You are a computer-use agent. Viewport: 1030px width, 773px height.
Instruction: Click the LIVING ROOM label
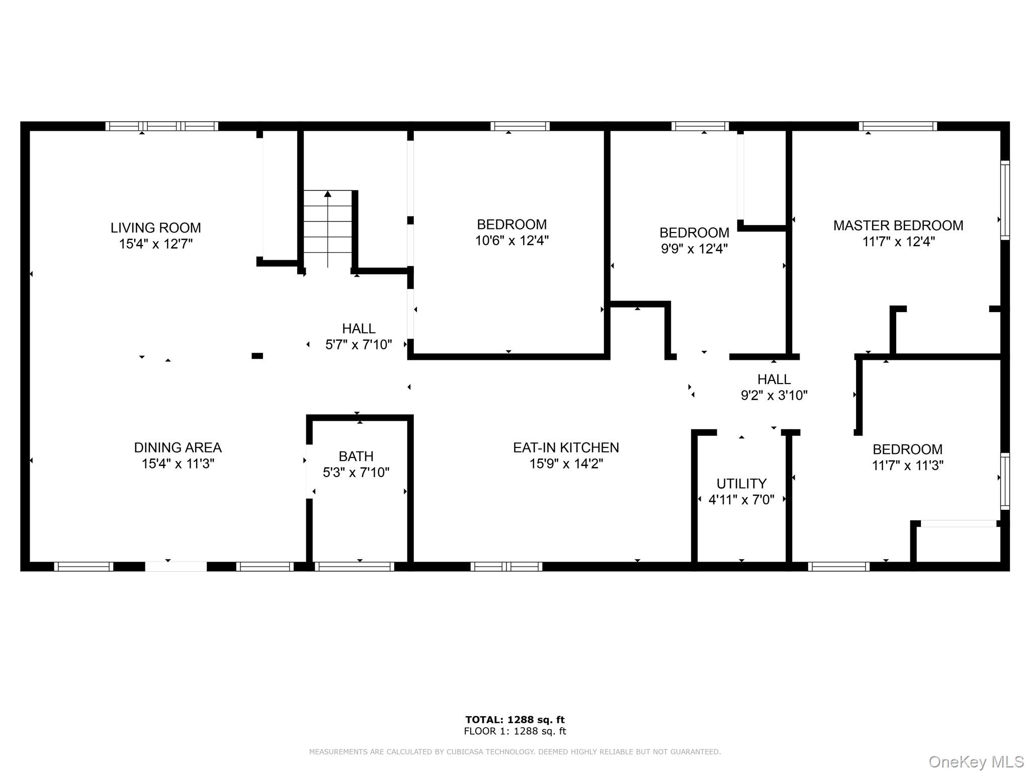(x=156, y=228)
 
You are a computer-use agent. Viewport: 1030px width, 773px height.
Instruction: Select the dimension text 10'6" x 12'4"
(x=511, y=241)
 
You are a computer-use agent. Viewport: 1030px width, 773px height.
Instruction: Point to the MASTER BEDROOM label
(x=898, y=225)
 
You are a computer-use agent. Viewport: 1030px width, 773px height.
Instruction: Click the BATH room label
(x=356, y=456)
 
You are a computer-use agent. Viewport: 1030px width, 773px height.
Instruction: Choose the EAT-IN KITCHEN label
(x=566, y=447)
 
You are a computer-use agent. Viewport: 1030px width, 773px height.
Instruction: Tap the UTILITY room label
(x=741, y=484)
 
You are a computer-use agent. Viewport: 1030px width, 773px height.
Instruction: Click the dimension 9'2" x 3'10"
(x=774, y=395)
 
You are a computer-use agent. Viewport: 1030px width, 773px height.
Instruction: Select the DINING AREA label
(x=178, y=447)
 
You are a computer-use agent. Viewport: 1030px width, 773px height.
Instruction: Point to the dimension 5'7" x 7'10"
(x=359, y=345)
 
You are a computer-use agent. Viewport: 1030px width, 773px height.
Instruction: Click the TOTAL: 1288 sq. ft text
(x=514, y=720)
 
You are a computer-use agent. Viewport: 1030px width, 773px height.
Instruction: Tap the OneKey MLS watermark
(x=976, y=762)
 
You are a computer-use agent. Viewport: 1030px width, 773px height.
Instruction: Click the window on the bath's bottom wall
(x=354, y=567)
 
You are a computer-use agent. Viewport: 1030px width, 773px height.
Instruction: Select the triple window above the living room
(x=161, y=126)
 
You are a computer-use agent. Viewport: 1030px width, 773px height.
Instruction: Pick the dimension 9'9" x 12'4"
(x=694, y=249)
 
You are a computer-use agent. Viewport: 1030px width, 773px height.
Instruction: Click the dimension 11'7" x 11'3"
(x=907, y=466)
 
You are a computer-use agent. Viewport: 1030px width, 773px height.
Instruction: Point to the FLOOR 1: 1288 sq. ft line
(x=514, y=731)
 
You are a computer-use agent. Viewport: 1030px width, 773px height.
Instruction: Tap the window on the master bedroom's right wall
(x=1004, y=200)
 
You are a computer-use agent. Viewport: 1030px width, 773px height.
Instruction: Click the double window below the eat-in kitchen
(x=506, y=567)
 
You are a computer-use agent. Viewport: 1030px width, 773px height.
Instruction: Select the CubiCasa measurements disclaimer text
(x=514, y=752)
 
